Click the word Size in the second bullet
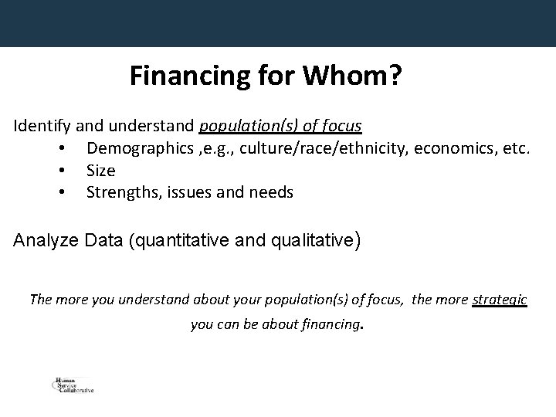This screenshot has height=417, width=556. (x=100, y=170)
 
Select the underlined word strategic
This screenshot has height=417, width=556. (x=499, y=300)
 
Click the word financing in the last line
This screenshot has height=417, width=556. (x=328, y=325)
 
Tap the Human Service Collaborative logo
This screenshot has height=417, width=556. (x=72, y=385)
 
